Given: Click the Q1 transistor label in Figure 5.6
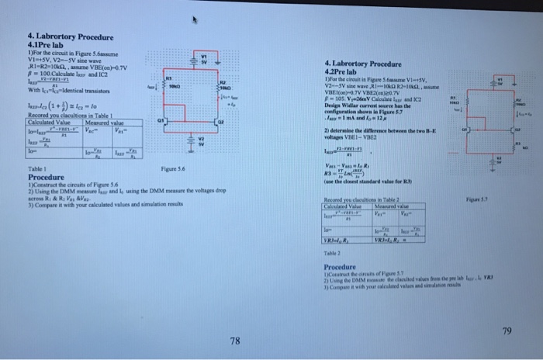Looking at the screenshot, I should click(158, 121).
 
